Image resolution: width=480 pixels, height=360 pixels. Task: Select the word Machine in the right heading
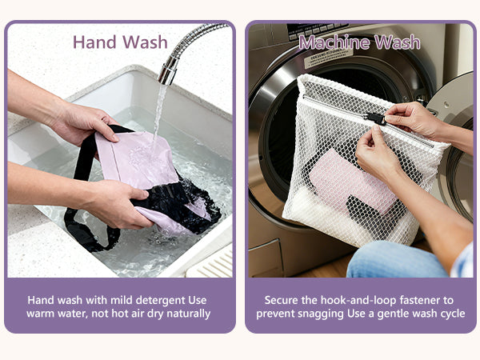(334, 42)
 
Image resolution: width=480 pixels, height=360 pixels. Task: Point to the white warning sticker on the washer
(328, 58)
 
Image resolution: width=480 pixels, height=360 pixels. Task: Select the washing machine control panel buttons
(318, 31)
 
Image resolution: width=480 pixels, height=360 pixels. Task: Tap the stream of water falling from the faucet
(159, 116)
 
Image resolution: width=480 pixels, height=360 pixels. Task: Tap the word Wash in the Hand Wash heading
(146, 42)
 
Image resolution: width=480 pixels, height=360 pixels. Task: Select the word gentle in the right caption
(394, 314)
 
